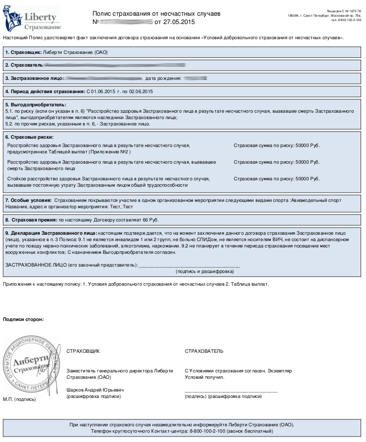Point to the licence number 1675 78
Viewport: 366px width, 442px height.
pos(352,10)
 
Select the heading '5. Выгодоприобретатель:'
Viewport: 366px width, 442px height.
pos(36,105)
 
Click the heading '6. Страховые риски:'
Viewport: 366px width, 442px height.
pos(29,137)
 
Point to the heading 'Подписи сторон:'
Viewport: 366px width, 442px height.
pos(23,319)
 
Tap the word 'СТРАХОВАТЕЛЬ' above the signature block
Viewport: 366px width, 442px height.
pos(204,351)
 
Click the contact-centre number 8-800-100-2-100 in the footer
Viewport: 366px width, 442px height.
pos(212,431)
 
